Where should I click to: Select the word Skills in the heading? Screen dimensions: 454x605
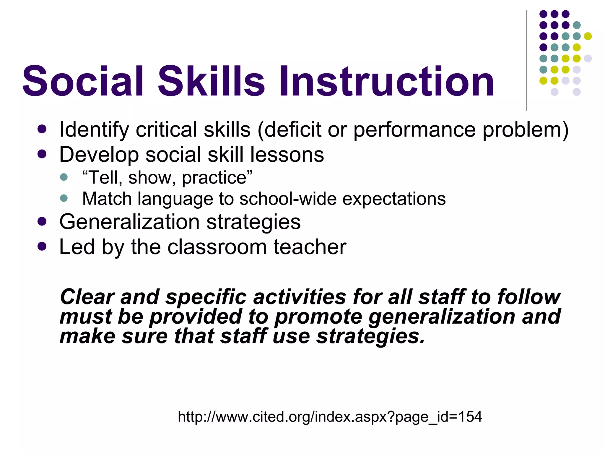click(x=211, y=81)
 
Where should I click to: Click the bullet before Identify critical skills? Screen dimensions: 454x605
click(x=42, y=129)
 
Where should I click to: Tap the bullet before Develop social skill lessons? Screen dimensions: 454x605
click(x=42, y=154)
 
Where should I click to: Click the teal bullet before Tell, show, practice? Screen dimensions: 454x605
click(x=64, y=177)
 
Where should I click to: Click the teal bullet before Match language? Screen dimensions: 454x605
click(x=64, y=198)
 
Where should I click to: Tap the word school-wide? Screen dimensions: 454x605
click(x=288, y=199)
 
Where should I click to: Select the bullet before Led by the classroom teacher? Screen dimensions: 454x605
click(x=42, y=246)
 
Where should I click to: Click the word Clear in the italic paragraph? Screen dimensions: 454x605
click(x=87, y=297)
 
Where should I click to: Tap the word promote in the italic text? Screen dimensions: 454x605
click(x=318, y=317)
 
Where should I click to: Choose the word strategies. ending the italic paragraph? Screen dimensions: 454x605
click(x=370, y=337)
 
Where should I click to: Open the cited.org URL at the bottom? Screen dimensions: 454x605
click(x=330, y=417)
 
